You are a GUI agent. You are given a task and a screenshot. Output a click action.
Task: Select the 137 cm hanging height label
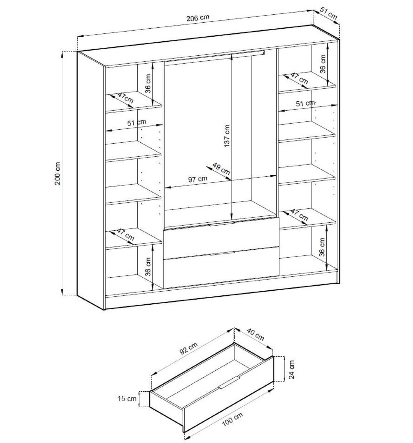coord(226,136)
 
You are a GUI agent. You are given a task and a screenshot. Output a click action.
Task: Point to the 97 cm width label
coord(198,179)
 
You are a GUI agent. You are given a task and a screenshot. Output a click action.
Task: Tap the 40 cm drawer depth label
coord(255,334)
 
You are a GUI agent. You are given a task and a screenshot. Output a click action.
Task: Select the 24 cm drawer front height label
coord(291,369)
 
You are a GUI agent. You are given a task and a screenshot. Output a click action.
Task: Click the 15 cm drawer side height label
coord(127,398)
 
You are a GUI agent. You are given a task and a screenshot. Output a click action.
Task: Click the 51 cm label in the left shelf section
coord(137,123)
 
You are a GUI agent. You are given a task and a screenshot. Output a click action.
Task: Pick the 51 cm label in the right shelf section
coord(305,103)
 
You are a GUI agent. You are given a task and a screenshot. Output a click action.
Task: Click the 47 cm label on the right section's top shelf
coord(299,78)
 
